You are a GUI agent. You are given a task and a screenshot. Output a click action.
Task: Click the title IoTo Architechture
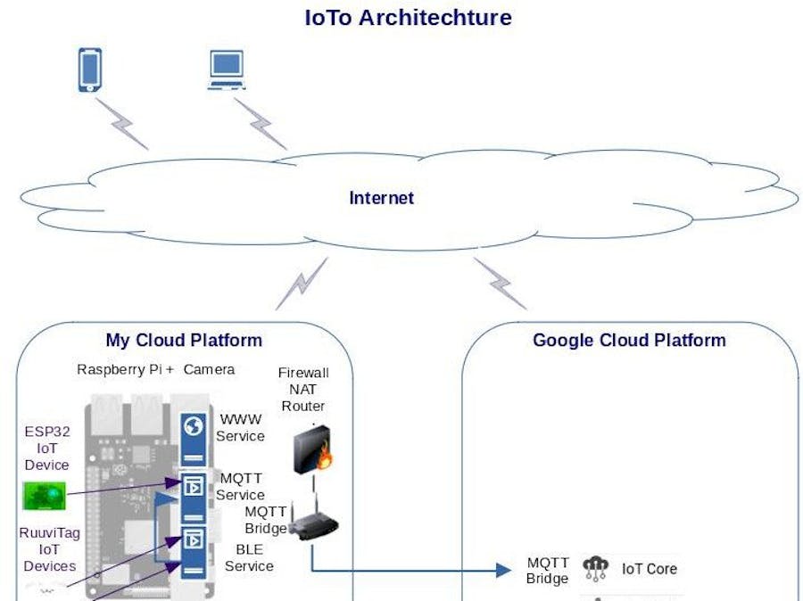pyautogui.click(x=408, y=17)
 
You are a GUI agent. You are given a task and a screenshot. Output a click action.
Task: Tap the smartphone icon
pyautogui.click(x=89, y=70)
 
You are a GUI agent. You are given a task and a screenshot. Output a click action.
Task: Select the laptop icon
pyautogui.click(x=226, y=70)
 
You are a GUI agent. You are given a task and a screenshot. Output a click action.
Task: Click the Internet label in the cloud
pyautogui.click(x=381, y=198)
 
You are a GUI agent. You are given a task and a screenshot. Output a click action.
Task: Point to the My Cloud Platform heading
pyautogui.click(x=184, y=340)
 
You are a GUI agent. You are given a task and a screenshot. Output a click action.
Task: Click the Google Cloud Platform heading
pyautogui.click(x=629, y=340)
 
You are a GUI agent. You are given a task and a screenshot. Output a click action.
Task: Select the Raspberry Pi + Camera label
pyautogui.click(x=155, y=369)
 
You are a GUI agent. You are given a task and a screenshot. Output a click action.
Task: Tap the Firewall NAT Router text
pyautogui.click(x=303, y=389)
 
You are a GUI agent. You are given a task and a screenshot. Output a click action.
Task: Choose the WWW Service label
pyautogui.click(x=242, y=427)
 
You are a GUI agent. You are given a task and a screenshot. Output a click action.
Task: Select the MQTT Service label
pyautogui.click(x=242, y=486)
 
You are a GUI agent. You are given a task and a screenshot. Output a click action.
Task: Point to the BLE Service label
pyautogui.click(x=249, y=557)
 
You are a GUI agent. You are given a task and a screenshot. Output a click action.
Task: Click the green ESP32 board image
pyautogui.click(x=44, y=494)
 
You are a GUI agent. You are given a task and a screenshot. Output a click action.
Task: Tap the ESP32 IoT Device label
pyautogui.click(x=47, y=448)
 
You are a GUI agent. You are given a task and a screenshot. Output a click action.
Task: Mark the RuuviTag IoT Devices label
pyautogui.click(x=49, y=549)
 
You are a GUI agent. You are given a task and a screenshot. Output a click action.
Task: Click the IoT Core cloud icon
pyautogui.click(x=595, y=568)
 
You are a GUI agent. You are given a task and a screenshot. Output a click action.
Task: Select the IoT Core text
pyautogui.click(x=649, y=569)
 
